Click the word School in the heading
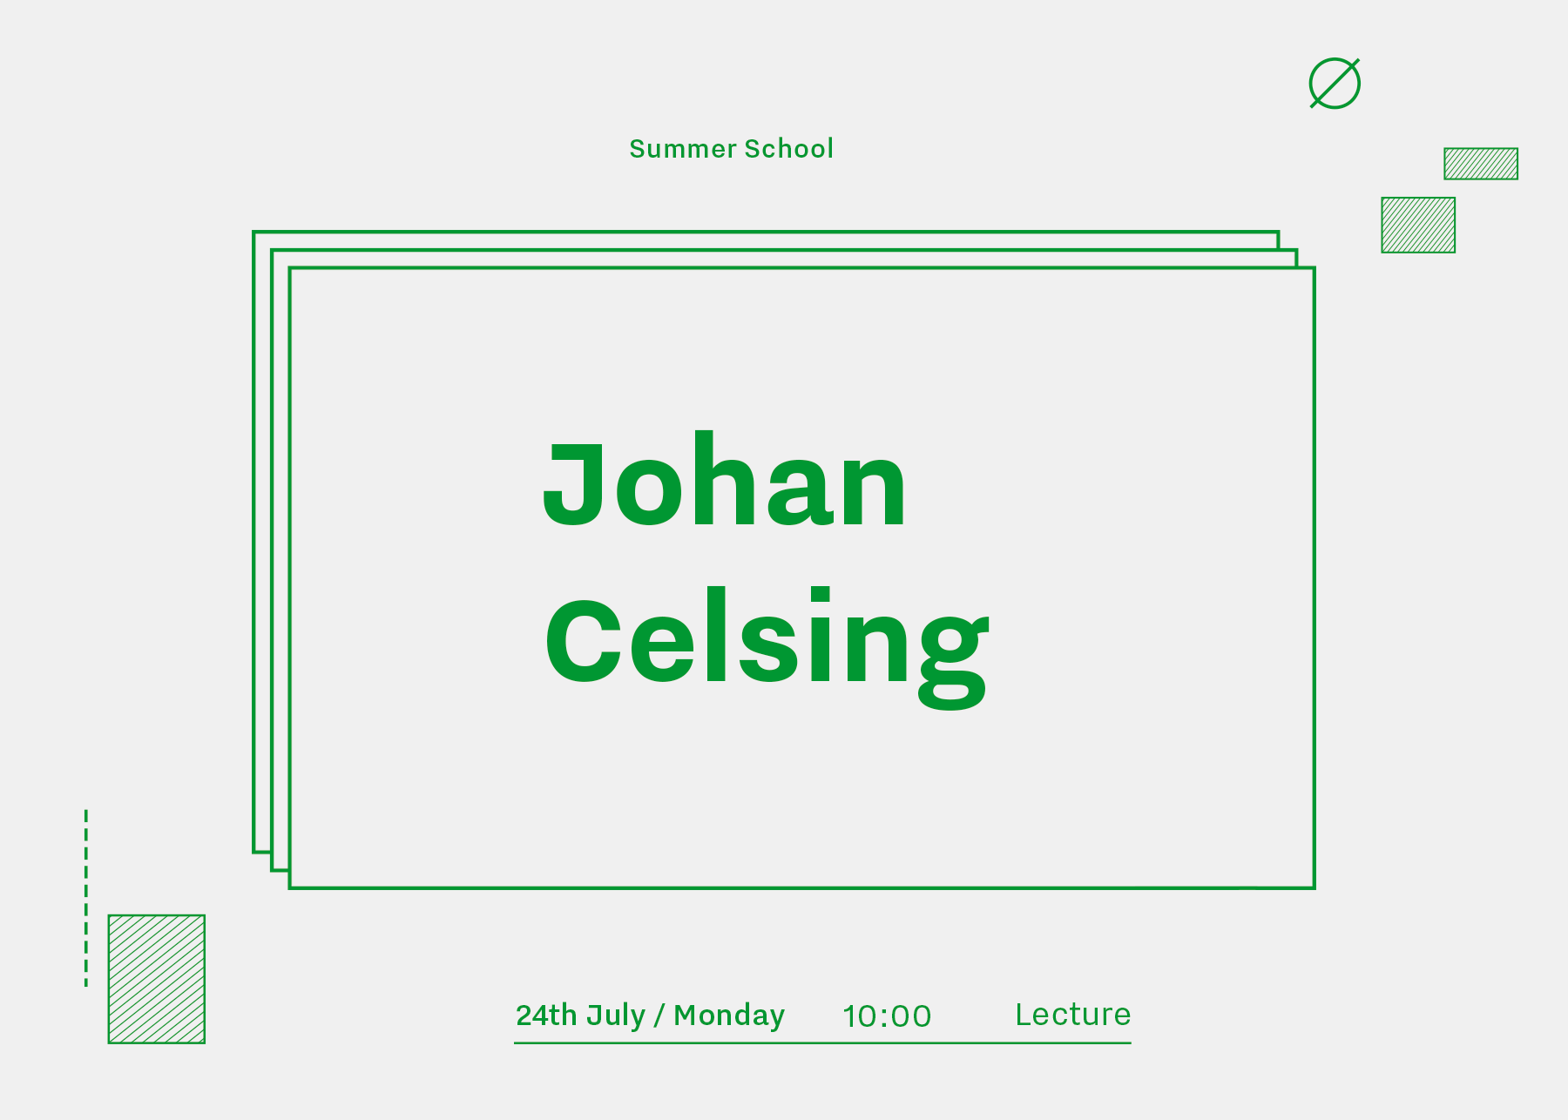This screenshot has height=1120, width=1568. pyautogui.click(x=789, y=149)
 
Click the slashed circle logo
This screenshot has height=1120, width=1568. pyautogui.click(x=1335, y=84)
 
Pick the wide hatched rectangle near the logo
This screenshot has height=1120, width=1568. pyautogui.click(x=1481, y=164)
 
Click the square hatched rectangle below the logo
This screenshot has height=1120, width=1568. pyautogui.click(x=1418, y=226)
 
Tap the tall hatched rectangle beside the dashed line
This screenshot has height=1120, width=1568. pyautogui.click(x=157, y=979)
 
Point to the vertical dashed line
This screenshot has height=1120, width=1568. pyautogui.click(x=86, y=898)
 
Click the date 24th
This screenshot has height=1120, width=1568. pyautogui.click(x=546, y=1015)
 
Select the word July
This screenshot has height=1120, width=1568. pyautogui.click(x=616, y=1016)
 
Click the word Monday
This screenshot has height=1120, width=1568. pyautogui.click(x=729, y=1016)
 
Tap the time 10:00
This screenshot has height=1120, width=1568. pyautogui.click(x=887, y=1016)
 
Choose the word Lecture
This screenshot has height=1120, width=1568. pyautogui.click(x=1073, y=1015)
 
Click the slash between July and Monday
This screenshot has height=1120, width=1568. pyautogui.click(x=659, y=1016)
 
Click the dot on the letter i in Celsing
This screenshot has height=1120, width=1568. pyautogui.click(x=821, y=595)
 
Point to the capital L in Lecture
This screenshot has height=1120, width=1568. pyautogui.click(x=1027, y=1015)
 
